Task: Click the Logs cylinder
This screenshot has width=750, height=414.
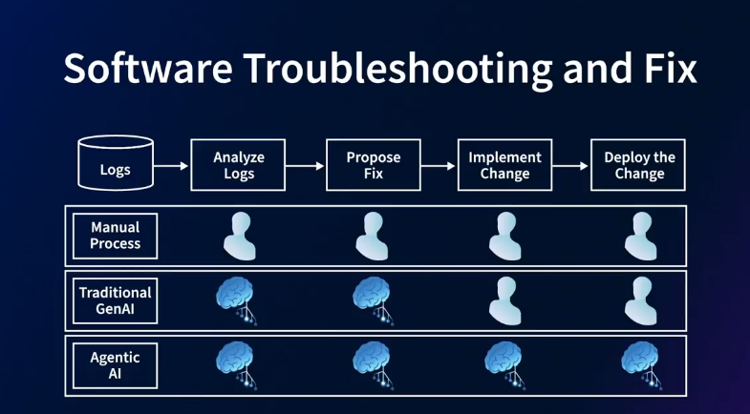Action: (115, 164)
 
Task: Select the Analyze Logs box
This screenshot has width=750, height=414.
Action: (239, 165)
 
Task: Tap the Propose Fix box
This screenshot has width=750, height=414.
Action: (373, 165)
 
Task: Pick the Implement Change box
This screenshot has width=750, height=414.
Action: (504, 165)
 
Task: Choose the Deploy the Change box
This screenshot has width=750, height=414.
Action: (639, 165)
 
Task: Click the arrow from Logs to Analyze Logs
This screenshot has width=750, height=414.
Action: (171, 166)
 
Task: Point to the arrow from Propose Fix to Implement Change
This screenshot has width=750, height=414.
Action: (439, 166)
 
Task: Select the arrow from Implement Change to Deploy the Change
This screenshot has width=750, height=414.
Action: (570, 166)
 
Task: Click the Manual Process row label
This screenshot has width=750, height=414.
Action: (116, 236)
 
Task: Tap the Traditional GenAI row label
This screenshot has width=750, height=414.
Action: (116, 300)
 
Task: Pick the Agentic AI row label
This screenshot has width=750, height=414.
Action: (116, 365)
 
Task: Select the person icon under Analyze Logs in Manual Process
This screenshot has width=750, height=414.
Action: (239, 236)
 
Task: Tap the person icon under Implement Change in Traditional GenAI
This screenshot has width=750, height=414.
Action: (504, 300)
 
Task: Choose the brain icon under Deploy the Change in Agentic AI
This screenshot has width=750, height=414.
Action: (638, 363)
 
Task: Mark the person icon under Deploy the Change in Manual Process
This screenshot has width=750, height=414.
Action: (639, 236)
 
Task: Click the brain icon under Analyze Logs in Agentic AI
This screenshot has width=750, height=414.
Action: (237, 363)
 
